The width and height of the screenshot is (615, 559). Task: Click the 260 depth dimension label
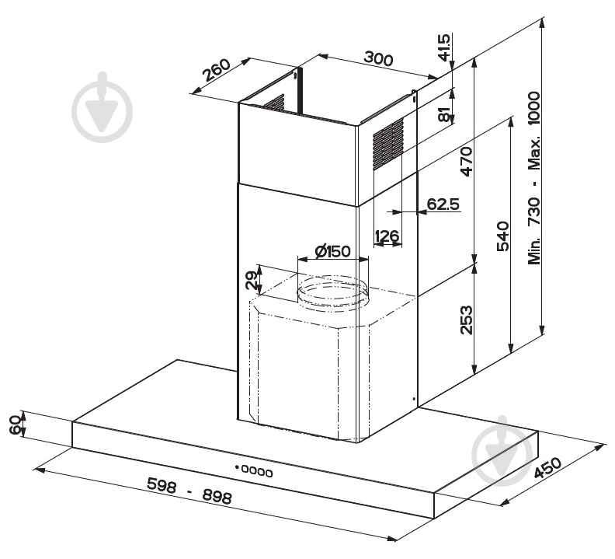point(217,70)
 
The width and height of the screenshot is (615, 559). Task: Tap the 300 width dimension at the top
point(378,58)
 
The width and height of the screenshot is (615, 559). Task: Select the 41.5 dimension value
point(444,47)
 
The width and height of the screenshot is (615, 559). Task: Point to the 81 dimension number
point(443,114)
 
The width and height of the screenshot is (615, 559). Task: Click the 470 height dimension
point(467,162)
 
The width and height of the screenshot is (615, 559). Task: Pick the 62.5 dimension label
point(443,204)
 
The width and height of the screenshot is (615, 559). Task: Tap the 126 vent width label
point(387,236)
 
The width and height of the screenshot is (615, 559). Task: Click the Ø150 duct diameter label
point(332,251)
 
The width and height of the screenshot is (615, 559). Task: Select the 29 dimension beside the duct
point(252,280)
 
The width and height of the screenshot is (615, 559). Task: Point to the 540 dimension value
point(503,236)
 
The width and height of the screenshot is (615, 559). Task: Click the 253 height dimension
point(467,320)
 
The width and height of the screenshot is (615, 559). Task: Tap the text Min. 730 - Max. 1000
point(534,178)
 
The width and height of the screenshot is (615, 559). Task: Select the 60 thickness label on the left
point(16,424)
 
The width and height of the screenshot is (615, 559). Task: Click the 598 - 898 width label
point(189,491)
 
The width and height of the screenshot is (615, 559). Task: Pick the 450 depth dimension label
point(548,468)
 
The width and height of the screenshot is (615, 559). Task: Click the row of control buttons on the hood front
point(254,470)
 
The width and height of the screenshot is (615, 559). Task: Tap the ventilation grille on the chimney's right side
point(388,144)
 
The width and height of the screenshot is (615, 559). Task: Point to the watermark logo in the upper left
point(102,107)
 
